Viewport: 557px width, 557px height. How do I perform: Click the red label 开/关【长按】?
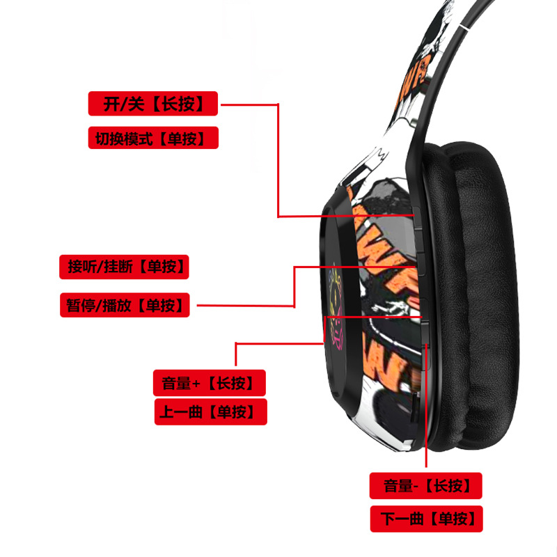[x=153, y=104]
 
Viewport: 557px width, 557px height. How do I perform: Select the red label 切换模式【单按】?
[x=153, y=138]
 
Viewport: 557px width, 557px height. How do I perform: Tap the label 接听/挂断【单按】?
[x=125, y=267]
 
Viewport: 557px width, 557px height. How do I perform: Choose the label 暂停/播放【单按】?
[x=125, y=305]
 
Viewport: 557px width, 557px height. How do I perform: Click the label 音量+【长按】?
[x=210, y=382]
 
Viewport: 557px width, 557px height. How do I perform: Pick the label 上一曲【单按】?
[x=210, y=411]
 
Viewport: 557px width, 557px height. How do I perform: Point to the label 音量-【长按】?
[x=425, y=485]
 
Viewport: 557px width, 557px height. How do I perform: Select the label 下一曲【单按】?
[x=425, y=519]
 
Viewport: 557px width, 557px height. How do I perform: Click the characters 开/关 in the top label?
[x=124, y=104]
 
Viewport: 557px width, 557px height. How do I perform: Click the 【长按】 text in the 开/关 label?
[x=181, y=104]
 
